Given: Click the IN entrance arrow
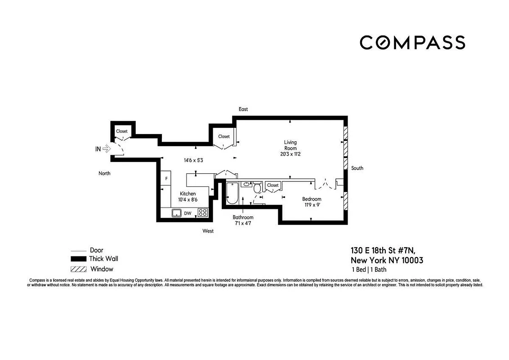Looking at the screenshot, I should (x=107, y=148).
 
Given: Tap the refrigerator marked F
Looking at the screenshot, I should (x=166, y=179).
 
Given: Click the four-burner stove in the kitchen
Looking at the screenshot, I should (x=203, y=213).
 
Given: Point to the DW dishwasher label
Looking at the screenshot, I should (x=188, y=213).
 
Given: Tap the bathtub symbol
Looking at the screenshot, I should (x=231, y=193).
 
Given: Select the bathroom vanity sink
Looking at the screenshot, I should (x=247, y=184).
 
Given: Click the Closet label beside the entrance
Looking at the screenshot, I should (x=122, y=131).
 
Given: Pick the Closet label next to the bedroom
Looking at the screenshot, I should (x=272, y=185).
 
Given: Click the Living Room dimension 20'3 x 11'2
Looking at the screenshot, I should (x=290, y=154).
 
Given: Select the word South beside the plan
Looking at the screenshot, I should (x=357, y=168).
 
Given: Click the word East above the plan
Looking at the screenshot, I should (x=243, y=109).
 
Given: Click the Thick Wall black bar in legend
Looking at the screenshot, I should (x=78, y=259).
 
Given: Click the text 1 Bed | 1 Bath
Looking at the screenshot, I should (x=369, y=270).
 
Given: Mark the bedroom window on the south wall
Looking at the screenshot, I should (x=345, y=201).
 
